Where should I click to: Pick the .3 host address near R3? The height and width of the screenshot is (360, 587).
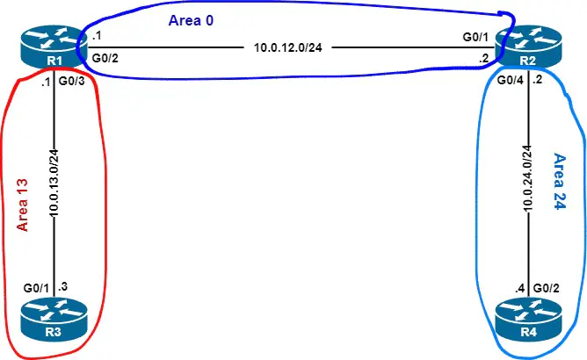(63, 286)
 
